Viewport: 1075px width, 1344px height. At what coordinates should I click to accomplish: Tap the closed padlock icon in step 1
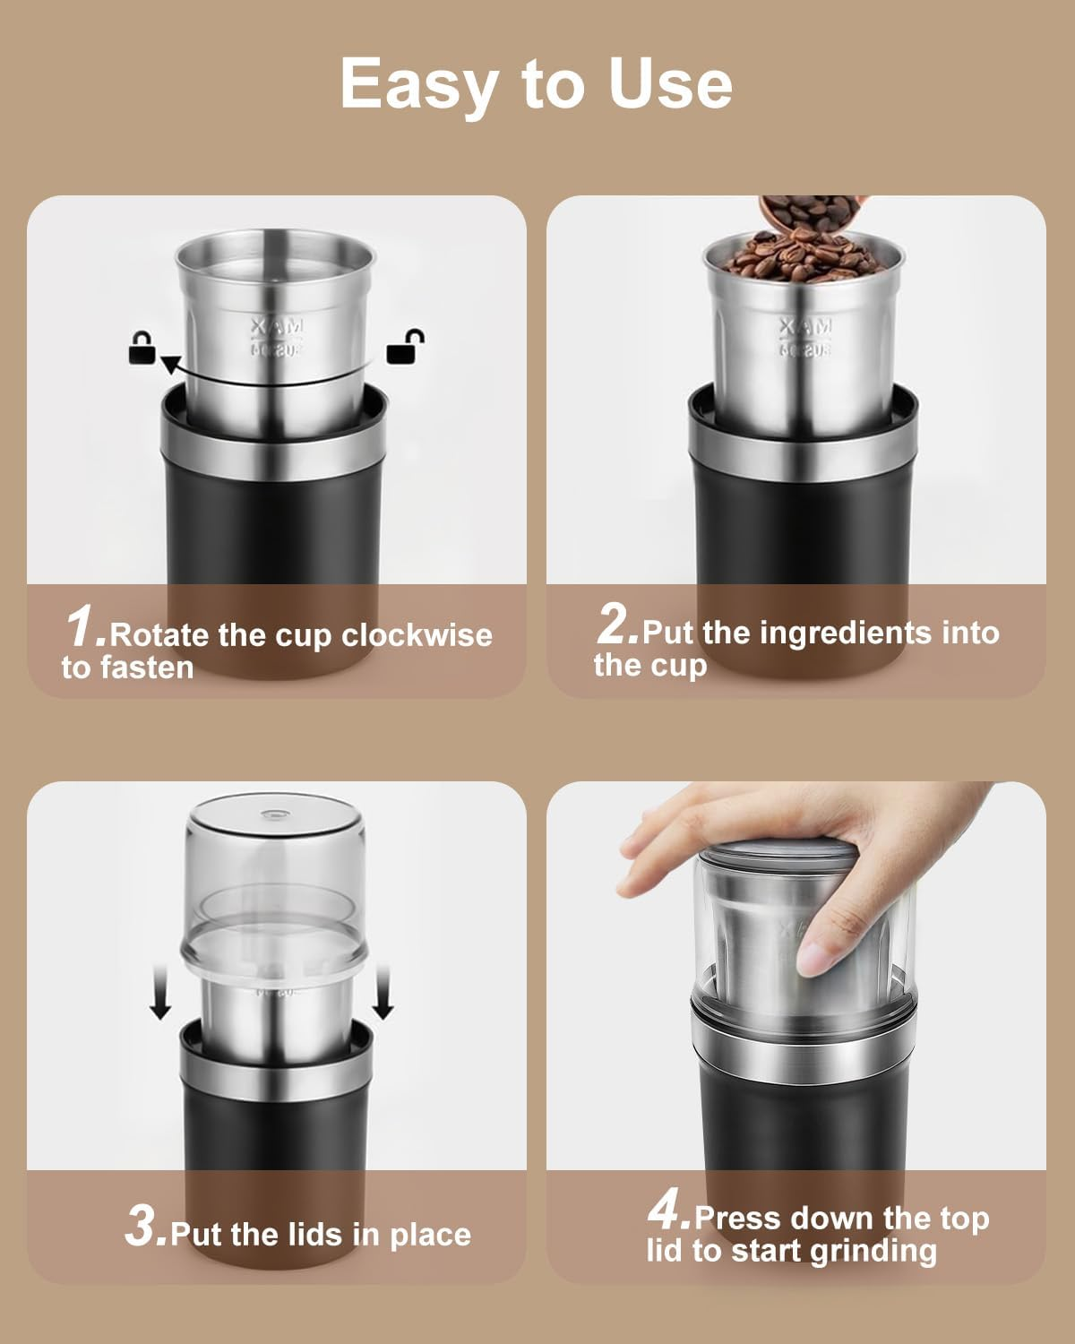point(142,347)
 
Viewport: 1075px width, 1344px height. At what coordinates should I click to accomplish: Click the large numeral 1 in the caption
point(85,625)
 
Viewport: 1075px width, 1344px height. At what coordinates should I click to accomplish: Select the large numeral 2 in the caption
point(616,624)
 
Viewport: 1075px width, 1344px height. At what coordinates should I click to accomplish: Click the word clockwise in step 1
point(417,635)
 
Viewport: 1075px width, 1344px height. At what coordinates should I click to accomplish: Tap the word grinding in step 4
point(873,1251)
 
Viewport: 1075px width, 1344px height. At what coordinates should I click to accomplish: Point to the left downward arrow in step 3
point(160,997)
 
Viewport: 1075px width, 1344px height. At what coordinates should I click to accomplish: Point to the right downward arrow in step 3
point(383,997)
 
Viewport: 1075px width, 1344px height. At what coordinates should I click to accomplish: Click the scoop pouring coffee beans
point(806,218)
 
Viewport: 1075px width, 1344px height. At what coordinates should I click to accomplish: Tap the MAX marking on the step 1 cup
point(278,325)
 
